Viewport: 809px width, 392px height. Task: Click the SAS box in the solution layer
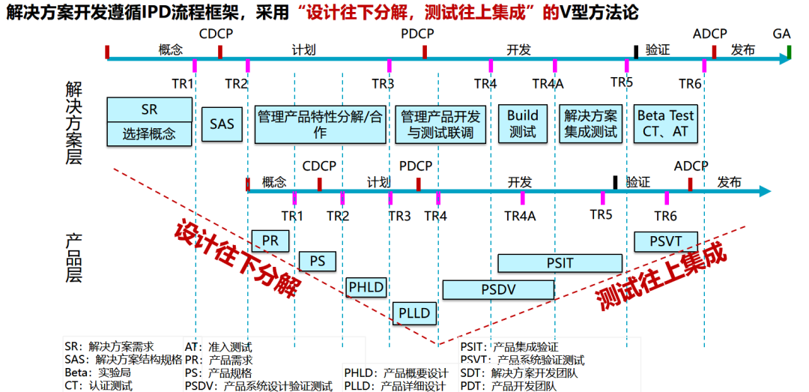click(222, 124)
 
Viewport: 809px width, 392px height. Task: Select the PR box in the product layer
click(270, 241)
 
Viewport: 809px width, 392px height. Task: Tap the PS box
click(318, 261)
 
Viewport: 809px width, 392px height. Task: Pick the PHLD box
click(366, 287)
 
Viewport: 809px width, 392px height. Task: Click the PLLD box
click(413, 313)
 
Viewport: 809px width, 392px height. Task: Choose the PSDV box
click(498, 289)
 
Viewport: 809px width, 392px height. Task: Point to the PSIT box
click(560, 263)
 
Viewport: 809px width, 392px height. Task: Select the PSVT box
click(666, 241)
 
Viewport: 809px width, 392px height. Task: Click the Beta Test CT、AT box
click(665, 124)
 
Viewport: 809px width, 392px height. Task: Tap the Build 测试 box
click(523, 124)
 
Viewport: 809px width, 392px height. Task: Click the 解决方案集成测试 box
click(591, 124)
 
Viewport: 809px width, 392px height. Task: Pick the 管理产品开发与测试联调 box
click(441, 124)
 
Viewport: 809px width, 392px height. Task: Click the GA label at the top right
click(782, 34)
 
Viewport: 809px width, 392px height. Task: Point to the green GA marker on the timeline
click(790, 52)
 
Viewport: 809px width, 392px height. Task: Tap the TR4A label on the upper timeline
click(548, 84)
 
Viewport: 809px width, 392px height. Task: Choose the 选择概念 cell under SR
click(150, 134)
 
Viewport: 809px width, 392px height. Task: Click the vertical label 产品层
click(73, 258)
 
